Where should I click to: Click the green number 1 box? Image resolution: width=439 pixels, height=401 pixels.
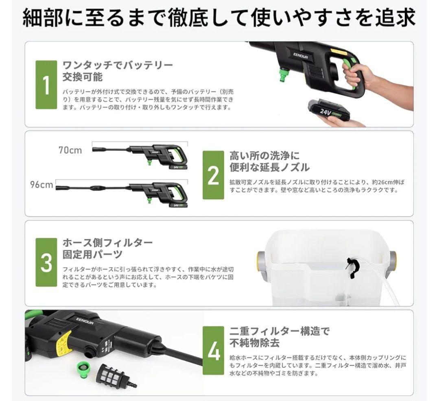[x=46, y=85]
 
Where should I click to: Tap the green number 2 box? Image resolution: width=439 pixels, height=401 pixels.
[x=213, y=175]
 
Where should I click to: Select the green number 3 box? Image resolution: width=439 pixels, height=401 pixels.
[x=46, y=262]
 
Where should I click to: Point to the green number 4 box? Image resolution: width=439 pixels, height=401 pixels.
[x=214, y=350]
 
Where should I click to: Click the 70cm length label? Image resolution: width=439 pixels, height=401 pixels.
[x=70, y=150]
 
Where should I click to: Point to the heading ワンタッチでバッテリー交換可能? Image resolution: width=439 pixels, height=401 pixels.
[x=117, y=71]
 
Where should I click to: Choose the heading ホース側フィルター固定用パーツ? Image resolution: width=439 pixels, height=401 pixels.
[x=107, y=248]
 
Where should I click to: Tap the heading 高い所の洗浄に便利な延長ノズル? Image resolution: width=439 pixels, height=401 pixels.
[x=269, y=161]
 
